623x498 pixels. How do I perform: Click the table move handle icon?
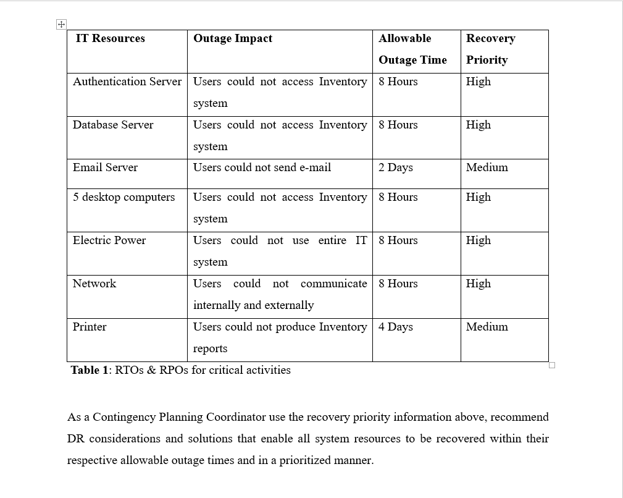tap(61, 24)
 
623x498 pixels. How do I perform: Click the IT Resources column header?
tap(110, 38)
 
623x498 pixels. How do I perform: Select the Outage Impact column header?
tap(233, 38)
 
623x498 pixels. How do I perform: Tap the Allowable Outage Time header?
tap(412, 49)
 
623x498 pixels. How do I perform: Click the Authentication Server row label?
tap(127, 82)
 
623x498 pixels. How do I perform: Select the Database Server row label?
tap(113, 125)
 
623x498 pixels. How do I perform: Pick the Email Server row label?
tap(105, 167)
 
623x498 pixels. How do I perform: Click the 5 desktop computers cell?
tap(123, 197)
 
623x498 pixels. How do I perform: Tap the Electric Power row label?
tap(109, 240)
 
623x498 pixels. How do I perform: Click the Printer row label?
tap(90, 327)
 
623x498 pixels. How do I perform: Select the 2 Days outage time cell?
tap(396, 167)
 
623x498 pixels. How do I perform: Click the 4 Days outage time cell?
tap(396, 327)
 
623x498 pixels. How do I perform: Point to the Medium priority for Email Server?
tap(487, 167)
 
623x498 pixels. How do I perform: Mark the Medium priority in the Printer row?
tap(487, 327)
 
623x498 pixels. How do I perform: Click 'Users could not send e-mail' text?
tap(262, 167)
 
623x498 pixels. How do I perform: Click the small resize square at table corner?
tap(552, 365)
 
